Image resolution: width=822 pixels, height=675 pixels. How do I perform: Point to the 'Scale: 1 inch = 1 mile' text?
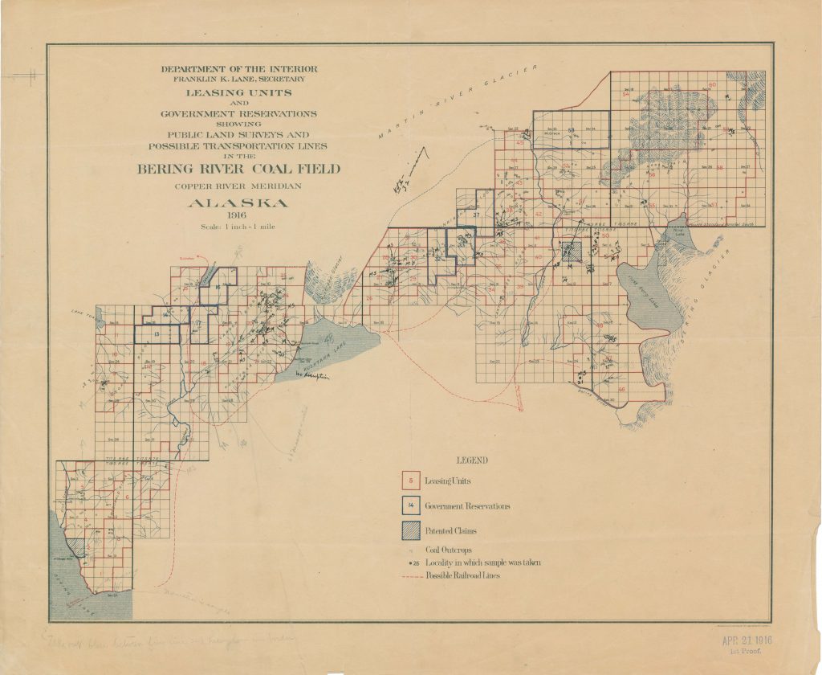pos(238,227)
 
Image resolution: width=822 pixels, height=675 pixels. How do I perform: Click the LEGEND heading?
pos(471,460)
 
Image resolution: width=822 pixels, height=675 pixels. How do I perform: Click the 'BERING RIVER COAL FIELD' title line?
pos(238,169)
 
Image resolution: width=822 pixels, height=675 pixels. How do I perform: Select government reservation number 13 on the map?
pos(157,333)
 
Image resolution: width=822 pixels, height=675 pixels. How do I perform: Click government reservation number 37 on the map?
pos(476,215)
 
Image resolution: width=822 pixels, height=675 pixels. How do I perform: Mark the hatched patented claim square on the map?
pos(571,252)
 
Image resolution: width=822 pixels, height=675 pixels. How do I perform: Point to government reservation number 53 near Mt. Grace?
pos(572,130)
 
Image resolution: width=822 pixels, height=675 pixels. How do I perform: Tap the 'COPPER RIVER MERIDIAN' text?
pos(238,186)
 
